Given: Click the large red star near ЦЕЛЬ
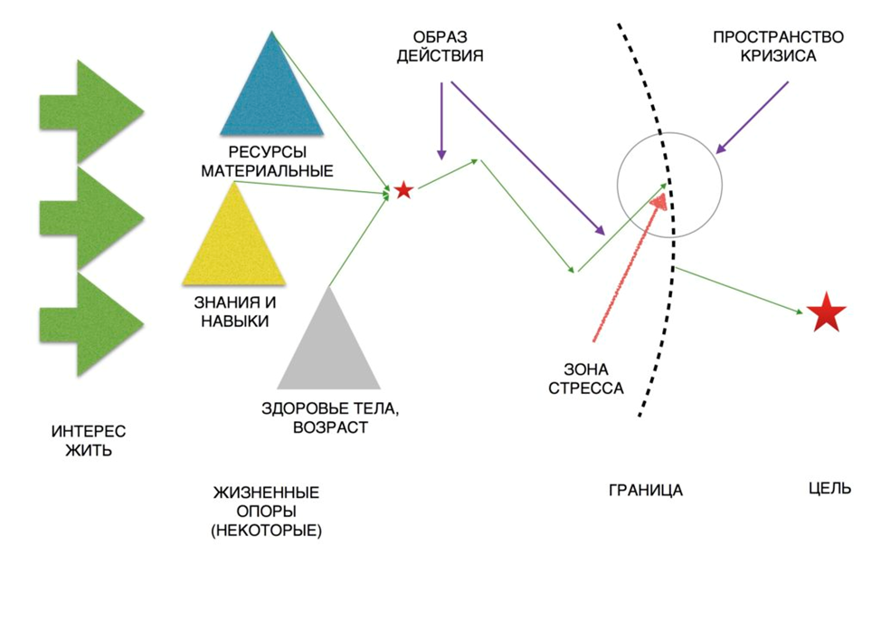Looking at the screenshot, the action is (826, 312).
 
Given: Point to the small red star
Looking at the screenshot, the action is (403, 190).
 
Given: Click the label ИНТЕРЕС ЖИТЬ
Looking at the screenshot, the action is (88, 441).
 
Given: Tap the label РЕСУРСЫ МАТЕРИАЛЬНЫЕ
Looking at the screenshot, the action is (267, 161).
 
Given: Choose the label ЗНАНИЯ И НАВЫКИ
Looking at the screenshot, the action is (234, 311).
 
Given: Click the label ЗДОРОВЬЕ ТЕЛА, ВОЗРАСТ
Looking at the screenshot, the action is (330, 417).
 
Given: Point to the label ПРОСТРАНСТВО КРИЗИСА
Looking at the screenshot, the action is (777, 46).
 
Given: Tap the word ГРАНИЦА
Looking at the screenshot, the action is (646, 491).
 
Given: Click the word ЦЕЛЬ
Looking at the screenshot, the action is (829, 488).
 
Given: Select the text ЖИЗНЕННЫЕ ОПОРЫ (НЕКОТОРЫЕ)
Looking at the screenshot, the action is (266, 513).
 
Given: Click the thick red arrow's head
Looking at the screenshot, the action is (663, 202).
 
